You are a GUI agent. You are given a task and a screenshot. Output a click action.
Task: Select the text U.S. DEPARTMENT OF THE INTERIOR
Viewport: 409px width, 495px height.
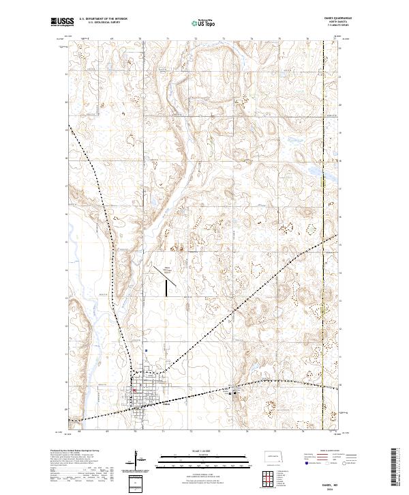click(103, 19)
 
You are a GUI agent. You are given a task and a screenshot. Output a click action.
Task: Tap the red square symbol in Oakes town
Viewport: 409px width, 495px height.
click(134, 391)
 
